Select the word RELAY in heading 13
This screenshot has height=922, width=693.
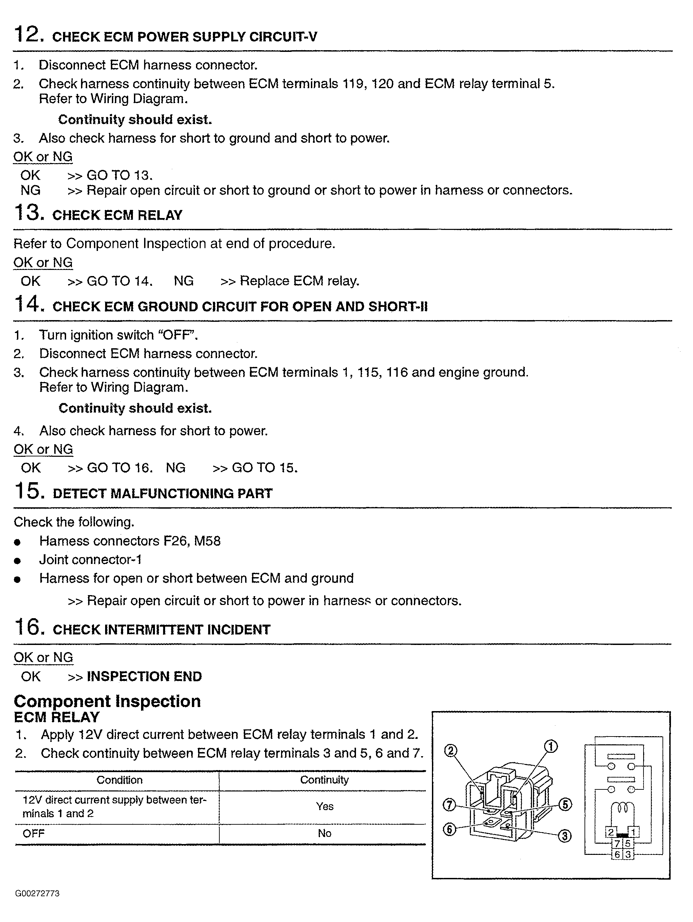(160, 215)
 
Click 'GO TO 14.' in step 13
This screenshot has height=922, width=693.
(119, 281)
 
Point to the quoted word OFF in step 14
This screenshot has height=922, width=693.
(173, 335)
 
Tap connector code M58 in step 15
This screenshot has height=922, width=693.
(207, 541)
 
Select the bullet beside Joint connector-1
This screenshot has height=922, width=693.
(17, 561)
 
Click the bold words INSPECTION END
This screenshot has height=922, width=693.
(144, 676)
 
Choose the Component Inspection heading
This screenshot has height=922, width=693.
(107, 702)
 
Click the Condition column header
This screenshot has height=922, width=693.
(119, 780)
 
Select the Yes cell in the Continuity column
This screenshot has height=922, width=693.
(324, 807)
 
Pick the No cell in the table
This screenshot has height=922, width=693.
(324, 833)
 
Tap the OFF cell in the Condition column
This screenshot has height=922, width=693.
(33, 833)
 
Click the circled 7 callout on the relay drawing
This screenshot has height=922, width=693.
(449, 804)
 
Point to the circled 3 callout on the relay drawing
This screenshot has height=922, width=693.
(564, 836)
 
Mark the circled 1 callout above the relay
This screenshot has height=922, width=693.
(551, 746)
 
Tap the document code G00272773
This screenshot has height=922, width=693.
(38, 893)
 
